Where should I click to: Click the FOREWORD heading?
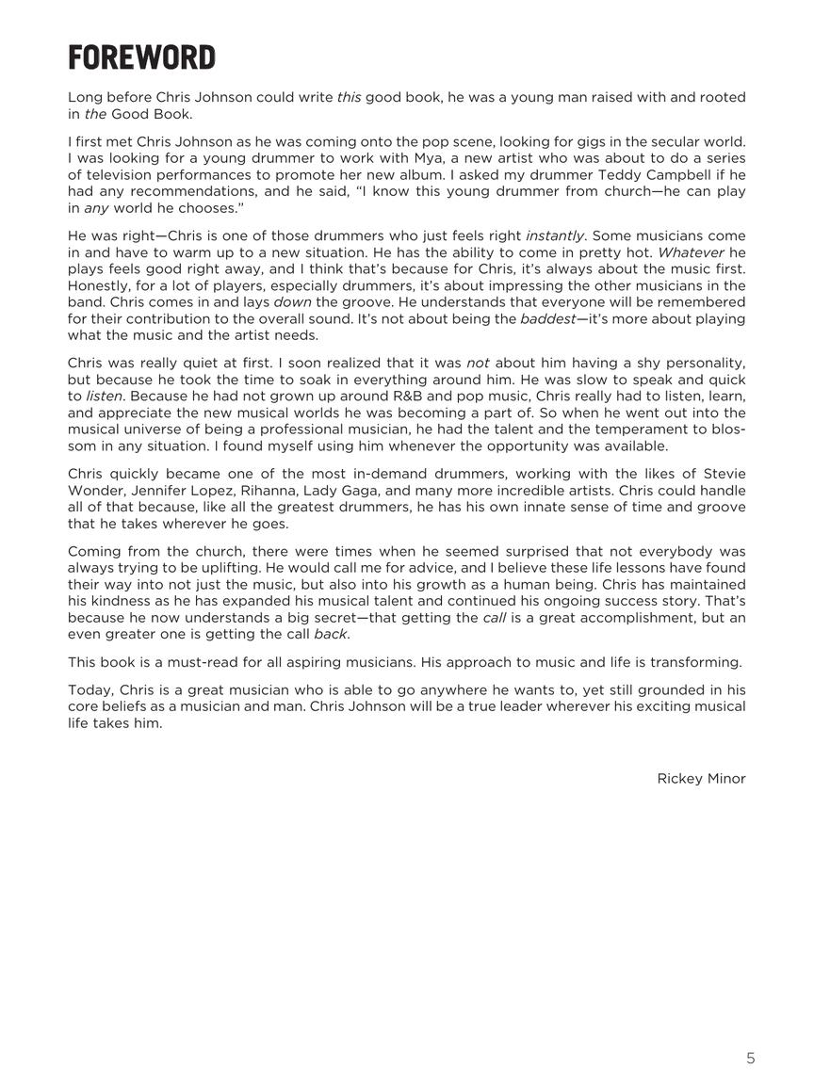141,57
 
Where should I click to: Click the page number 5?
751,1058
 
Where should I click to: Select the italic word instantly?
555,235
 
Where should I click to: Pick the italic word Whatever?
689,252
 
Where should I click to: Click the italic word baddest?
547,318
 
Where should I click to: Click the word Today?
90,690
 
